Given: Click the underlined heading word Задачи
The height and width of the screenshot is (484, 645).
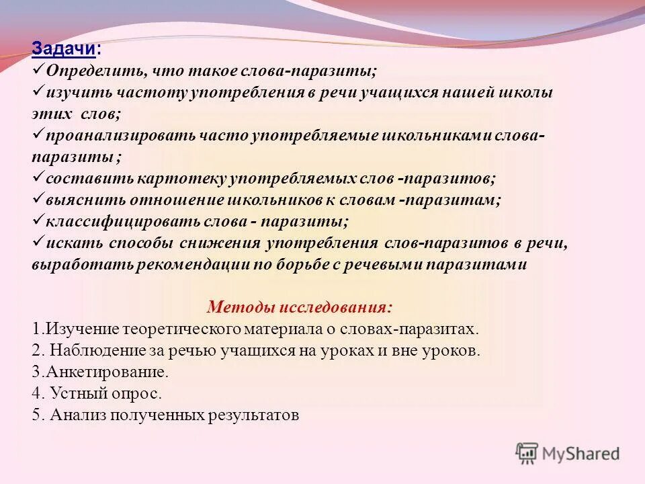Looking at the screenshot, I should [64, 50].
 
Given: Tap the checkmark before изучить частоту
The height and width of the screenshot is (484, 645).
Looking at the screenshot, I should [38, 91].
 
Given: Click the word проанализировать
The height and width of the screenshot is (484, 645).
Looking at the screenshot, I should [120, 136].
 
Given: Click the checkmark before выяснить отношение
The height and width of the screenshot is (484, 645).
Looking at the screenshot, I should [38, 199].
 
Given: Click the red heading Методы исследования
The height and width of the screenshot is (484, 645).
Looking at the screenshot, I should [300, 307].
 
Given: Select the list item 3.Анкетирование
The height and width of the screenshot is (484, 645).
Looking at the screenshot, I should [99, 372].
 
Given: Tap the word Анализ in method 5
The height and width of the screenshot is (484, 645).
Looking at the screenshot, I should [74, 415].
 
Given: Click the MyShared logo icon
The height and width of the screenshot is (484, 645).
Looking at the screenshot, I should [527, 454].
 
